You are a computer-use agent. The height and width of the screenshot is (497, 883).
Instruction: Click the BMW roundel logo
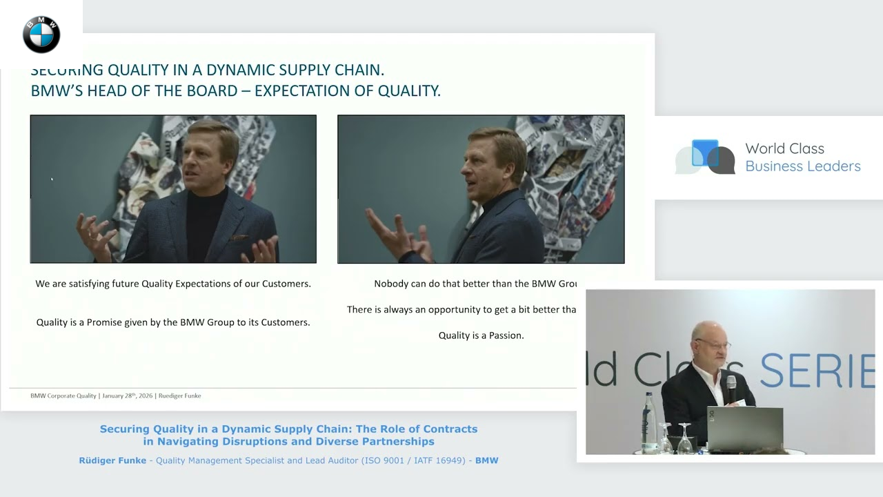[41, 35]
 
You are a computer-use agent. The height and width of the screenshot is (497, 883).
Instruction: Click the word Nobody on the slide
[392, 284]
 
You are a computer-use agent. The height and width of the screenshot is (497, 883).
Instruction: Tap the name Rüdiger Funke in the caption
[112, 460]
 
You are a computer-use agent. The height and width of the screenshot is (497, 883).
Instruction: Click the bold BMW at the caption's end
[486, 460]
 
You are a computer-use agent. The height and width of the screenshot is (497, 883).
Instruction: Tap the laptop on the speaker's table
[744, 428]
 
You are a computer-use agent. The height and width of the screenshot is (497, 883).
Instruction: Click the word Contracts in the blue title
[449, 429]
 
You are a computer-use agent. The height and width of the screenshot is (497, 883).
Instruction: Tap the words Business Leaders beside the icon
[803, 166]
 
